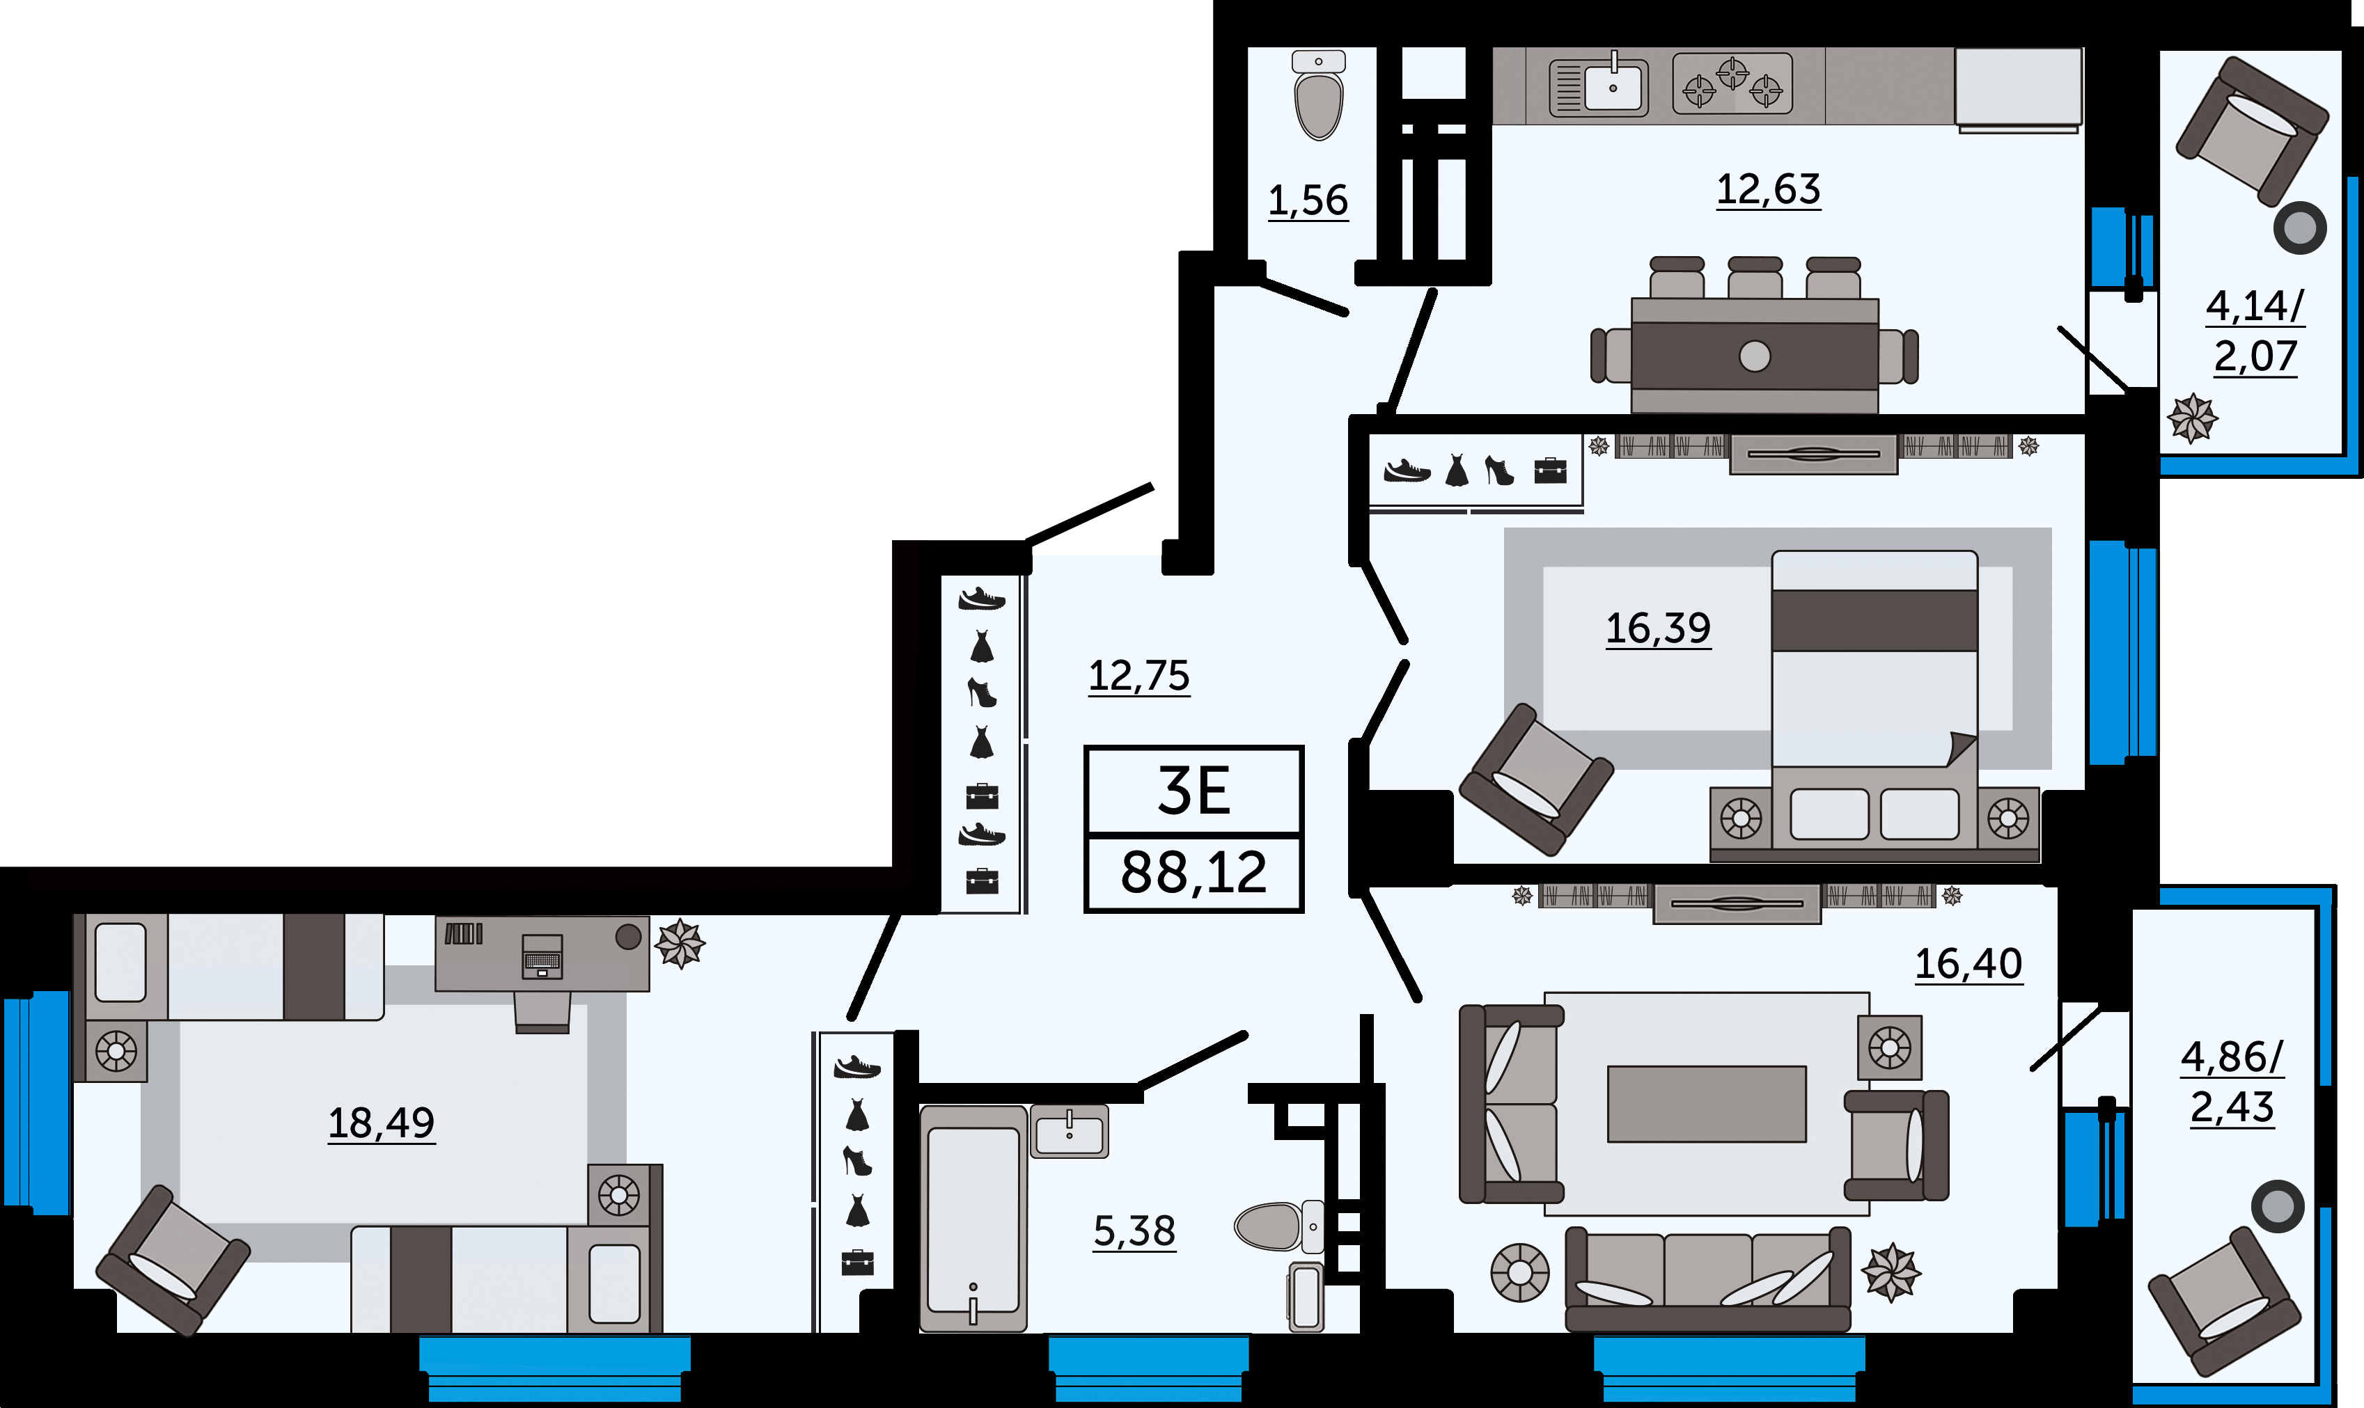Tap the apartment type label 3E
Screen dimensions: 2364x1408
tap(1194, 791)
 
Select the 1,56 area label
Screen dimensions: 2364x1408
tap(1308, 200)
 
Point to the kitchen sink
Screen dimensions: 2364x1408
tap(1599, 87)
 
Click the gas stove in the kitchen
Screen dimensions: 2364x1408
tap(1732, 84)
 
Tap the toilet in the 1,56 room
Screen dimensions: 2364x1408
tap(1318, 95)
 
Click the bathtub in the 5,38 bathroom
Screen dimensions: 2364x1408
tap(973, 1218)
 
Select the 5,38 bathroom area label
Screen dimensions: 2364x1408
tap(1134, 1231)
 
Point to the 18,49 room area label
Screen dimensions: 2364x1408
tap(381, 1123)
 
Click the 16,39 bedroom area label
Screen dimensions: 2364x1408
tap(1658, 628)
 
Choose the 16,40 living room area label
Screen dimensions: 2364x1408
tap(1968, 964)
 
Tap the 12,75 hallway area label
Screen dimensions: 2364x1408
tap(1138, 677)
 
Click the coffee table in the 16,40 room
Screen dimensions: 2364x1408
tap(1707, 1103)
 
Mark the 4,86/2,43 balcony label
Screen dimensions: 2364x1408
tap(2232, 1082)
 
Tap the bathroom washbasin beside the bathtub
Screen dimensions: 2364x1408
tap(1070, 1132)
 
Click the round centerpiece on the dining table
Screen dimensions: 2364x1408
tap(1755, 357)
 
